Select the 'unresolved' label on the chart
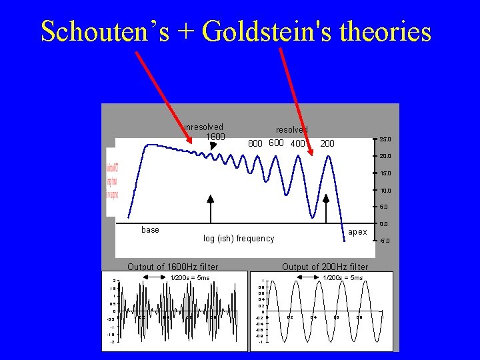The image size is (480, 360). coord(203,127)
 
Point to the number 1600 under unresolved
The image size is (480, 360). coord(215,137)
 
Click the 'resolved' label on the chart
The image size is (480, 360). coord(292,129)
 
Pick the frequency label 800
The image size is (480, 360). coord(255,143)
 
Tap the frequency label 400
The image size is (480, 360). coord(298,143)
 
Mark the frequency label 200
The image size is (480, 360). coord(327,143)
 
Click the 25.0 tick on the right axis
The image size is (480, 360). coord(385,140)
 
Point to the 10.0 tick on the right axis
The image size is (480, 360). coord(385,191)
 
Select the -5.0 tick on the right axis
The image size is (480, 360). coord(385,241)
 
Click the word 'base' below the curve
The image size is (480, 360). coord(151,230)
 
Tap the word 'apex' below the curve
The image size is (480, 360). coord(357,232)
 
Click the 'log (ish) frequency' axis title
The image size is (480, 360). coord(239,239)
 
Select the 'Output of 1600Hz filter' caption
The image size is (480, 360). coord(173,267)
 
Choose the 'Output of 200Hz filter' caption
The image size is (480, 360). coord(325,267)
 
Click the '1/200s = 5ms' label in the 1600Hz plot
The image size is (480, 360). coord(190,277)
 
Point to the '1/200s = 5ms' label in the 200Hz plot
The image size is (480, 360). coord(343,277)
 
